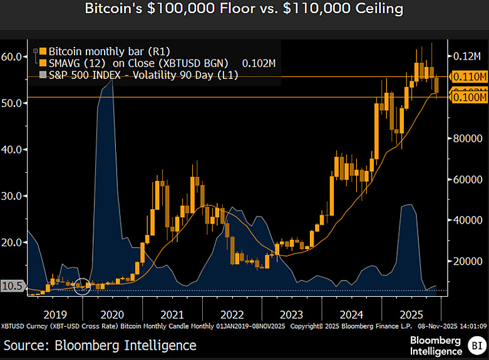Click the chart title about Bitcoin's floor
(x=244, y=9)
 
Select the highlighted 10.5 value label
(x=13, y=286)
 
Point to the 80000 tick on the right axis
(x=466, y=138)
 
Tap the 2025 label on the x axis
(x=411, y=314)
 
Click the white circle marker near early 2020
(x=83, y=286)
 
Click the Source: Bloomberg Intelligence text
(x=100, y=345)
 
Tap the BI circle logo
(x=476, y=345)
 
